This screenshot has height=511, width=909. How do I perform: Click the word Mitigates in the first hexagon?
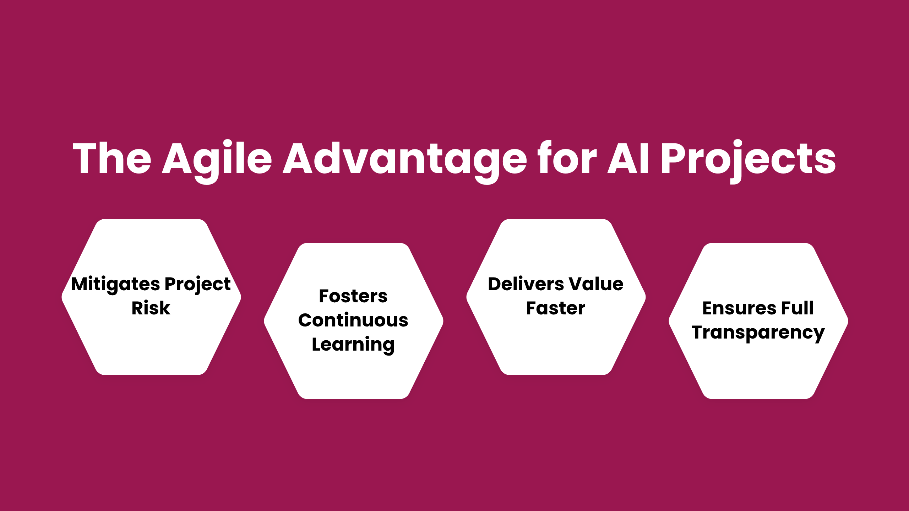coord(115,284)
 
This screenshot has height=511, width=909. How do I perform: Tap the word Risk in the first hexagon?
coord(151,308)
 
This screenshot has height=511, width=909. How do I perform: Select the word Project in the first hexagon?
coord(198,284)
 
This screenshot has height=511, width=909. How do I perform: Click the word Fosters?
coord(353,296)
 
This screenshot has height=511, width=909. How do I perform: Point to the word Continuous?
coord(353,320)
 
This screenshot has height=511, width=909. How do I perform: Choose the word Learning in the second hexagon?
coord(353,345)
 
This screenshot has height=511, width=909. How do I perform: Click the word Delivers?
coord(526,284)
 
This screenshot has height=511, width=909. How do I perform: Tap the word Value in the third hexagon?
coord(596,284)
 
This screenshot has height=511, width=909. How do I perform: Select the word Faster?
coord(556,308)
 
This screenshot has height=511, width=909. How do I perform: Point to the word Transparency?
coord(758,333)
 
